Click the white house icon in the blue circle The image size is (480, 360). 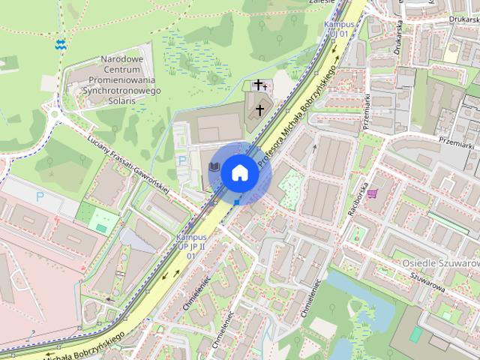point(239,172)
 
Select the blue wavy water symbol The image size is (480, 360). point(60,44)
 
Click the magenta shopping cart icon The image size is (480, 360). point(372,193)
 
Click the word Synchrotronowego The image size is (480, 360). point(122,90)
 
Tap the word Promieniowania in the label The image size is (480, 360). point(122,79)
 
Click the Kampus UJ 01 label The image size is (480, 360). point(336,28)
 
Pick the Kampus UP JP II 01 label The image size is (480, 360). point(190,245)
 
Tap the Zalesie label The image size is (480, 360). point(320,3)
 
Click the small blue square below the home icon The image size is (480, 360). point(237,201)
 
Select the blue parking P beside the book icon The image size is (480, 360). point(181,160)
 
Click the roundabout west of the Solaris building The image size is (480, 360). point(54,114)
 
